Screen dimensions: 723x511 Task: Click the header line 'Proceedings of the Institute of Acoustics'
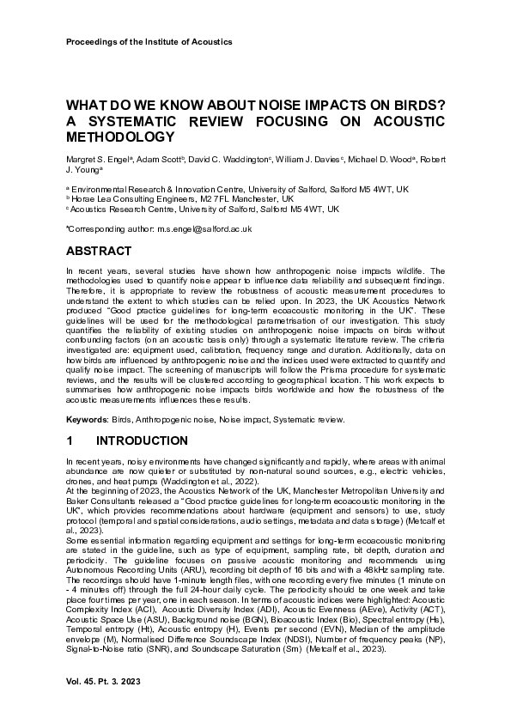149,41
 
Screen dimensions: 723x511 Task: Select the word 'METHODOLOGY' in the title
120,137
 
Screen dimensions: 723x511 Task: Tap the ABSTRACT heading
99,252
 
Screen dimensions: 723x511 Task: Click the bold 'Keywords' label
87,419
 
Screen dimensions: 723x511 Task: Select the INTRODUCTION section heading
142,440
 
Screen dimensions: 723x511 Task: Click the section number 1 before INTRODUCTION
70,440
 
